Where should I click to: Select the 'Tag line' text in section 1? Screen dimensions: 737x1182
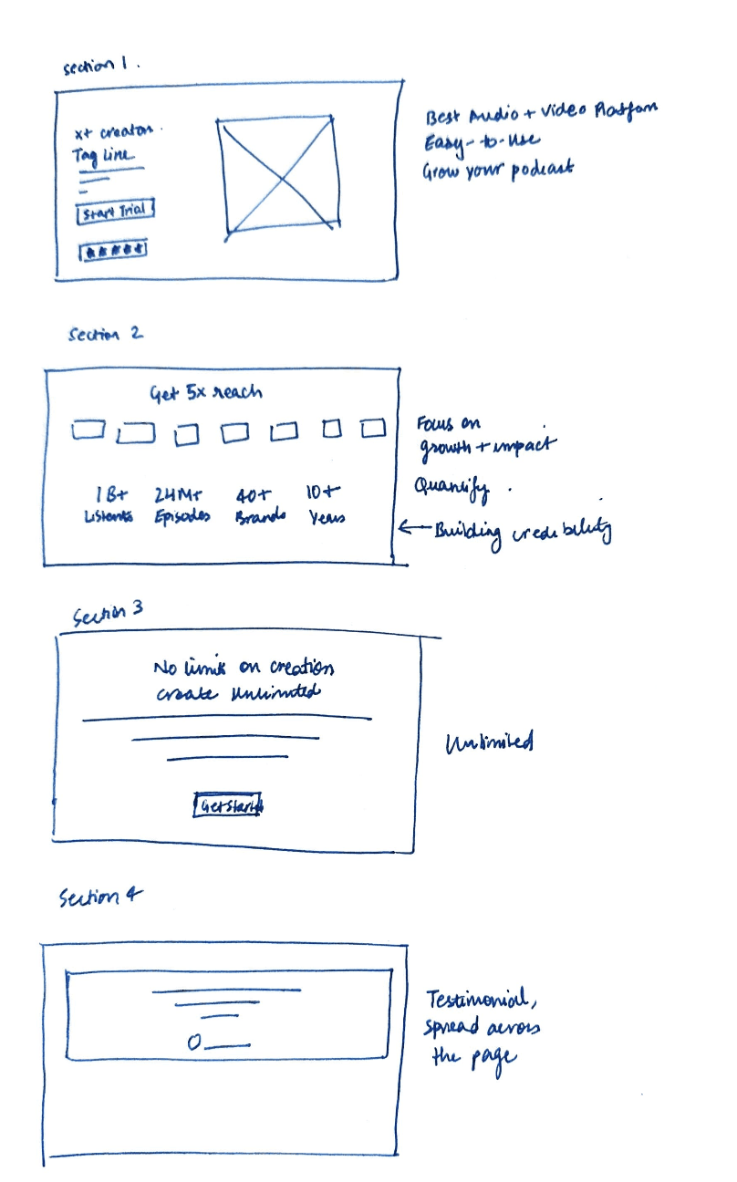(102, 155)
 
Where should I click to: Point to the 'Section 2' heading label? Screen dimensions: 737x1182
(105, 335)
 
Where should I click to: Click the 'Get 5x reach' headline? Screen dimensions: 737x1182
(205, 393)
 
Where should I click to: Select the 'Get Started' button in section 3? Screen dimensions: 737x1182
(228, 804)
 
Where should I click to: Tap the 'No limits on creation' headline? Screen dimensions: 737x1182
(244, 669)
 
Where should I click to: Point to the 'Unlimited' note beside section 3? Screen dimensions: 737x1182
(489, 743)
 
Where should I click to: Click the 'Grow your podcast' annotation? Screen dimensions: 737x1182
(497, 170)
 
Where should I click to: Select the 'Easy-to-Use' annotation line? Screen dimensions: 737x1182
(481, 143)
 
